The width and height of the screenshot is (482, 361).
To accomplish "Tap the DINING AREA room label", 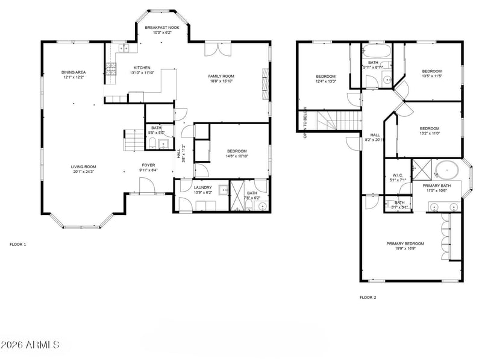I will tap(72, 72).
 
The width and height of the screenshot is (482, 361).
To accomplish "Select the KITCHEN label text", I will tap(142, 67).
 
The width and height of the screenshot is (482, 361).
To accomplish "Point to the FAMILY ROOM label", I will tap(221, 76).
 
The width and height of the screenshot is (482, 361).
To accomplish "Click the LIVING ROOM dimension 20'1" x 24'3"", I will tap(83, 172).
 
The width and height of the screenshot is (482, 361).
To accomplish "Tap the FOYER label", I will tap(149, 165).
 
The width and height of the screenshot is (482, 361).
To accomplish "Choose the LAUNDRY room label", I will tap(202, 187).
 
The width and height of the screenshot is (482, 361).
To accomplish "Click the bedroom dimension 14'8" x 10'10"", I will tap(237, 156).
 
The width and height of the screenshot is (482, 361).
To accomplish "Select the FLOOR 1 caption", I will tap(18, 245).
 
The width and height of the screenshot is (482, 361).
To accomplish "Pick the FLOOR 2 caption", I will tap(368, 297).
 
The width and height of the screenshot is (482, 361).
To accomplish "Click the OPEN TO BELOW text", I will tap(305, 123).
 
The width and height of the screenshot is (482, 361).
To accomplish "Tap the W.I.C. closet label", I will tap(397, 175).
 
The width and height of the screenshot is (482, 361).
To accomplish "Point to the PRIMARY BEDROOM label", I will tap(405, 243).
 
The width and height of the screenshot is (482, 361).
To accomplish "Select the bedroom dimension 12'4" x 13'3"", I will tap(326, 81).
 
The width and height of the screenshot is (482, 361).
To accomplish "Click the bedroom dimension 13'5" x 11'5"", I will tap(431, 76).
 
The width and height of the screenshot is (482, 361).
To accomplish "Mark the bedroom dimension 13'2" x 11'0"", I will tap(430, 133).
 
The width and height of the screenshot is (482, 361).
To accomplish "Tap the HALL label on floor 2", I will tap(375, 135).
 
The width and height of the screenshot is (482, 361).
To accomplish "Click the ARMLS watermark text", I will tap(30, 345).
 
